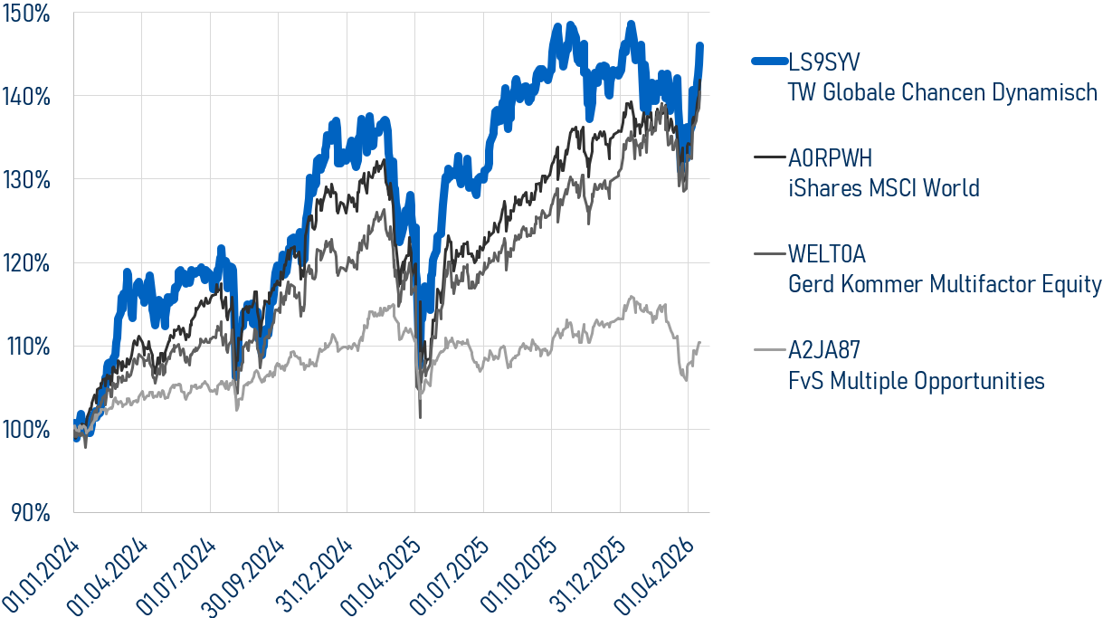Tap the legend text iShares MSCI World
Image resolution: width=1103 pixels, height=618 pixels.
tap(883, 188)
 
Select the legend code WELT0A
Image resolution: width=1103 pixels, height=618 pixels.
tap(827, 253)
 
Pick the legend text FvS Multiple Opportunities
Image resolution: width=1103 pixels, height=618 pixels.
tap(916, 381)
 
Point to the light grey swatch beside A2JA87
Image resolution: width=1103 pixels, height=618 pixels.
tap(769, 349)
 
